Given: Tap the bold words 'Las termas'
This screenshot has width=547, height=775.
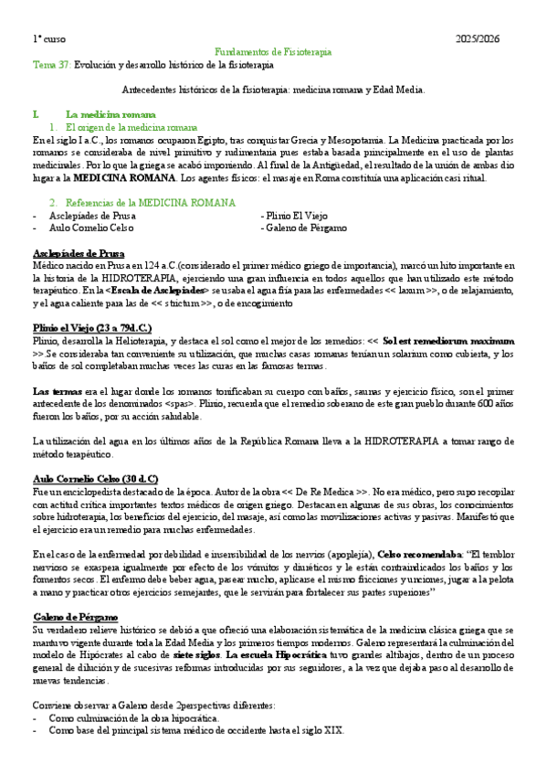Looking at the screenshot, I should [x=55, y=390].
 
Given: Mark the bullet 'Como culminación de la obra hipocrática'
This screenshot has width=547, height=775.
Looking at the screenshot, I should [x=133, y=718].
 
